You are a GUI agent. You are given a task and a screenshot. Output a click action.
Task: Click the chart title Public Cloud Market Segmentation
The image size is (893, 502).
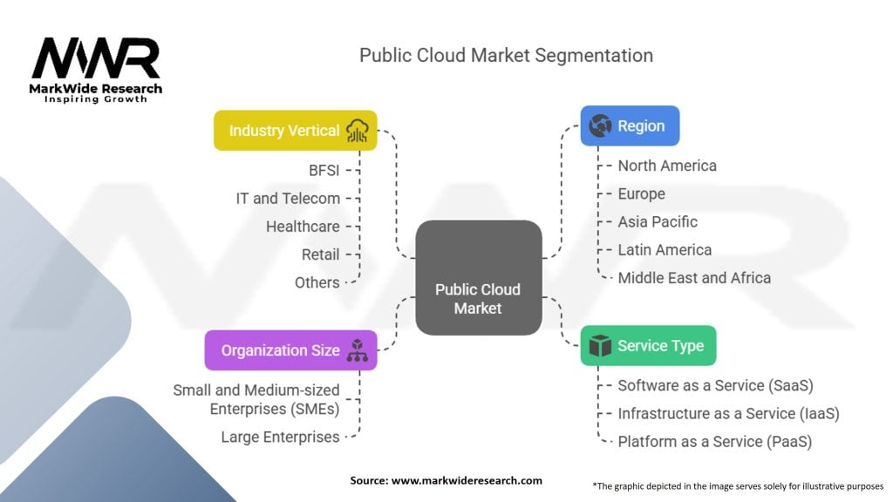[x=506, y=55]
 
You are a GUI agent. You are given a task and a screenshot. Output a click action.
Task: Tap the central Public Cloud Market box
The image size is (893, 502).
[x=478, y=278]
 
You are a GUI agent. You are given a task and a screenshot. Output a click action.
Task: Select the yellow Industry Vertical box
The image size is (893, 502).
[x=296, y=131]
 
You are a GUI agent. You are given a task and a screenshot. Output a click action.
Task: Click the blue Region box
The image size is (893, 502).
[x=630, y=125]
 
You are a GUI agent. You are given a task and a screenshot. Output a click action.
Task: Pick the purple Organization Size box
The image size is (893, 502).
[x=291, y=350]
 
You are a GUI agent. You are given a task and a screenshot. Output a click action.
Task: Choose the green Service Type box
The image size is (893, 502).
[x=648, y=346]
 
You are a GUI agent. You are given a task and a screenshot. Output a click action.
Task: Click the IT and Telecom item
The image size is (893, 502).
[x=288, y=198]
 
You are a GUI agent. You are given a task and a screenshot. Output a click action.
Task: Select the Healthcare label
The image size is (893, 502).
[x=303, y=227]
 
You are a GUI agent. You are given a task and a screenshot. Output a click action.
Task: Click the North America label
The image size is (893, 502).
[x=667, y=166]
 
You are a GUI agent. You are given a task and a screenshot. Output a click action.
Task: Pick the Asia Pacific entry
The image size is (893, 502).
[x=658, y=221]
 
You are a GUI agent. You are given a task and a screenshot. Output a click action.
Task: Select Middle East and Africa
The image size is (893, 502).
[x=694, y=278]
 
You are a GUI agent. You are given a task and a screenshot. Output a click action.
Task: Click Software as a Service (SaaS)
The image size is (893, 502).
[x=715, y=385]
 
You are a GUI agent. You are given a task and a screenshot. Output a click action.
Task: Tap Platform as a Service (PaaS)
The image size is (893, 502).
[x=714, y=442]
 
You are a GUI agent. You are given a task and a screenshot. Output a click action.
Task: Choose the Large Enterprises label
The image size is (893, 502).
[x=280, y=437]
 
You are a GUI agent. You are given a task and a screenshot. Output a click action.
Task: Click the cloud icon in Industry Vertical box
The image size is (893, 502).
[x=358, y=131]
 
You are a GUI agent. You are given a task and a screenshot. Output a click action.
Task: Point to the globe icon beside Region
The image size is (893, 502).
[x=599, y=125]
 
